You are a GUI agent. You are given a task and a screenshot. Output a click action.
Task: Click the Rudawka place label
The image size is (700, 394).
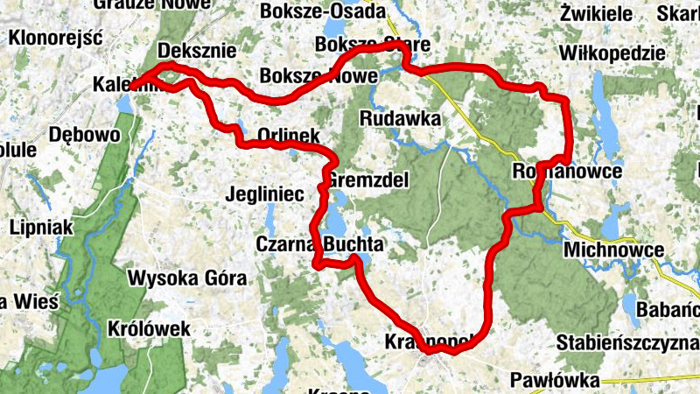tap(399, 117)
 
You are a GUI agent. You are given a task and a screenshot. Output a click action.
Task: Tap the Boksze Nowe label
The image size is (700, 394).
tap(318, 76)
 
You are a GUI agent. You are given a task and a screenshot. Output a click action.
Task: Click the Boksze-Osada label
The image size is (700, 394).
tap(322, 11)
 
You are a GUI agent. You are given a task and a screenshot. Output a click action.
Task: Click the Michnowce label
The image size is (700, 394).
tap(614, 250)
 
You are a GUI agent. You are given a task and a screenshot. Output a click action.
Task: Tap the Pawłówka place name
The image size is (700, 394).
tap(557, 381)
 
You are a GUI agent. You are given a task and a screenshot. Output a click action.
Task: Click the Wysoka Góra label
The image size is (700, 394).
tap(187, 279)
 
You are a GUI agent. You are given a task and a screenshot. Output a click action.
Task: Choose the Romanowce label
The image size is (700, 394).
tap(569, 171)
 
